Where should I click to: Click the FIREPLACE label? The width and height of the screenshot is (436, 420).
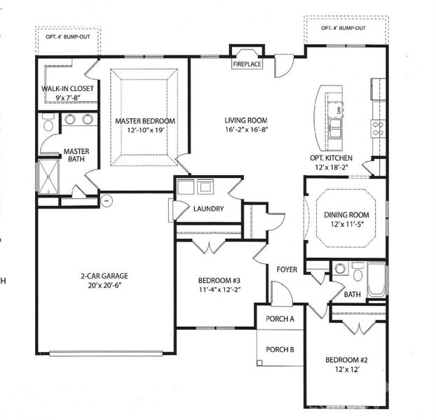click(x=247, y=64)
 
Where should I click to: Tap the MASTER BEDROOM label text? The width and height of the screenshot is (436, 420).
click(x=145, y=121)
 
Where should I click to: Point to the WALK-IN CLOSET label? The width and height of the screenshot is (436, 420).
click(x=64, y=90)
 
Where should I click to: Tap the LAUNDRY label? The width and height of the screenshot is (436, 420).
click(x=208, y=209)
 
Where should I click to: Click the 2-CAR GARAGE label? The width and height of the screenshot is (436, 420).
click(x=104, y=275)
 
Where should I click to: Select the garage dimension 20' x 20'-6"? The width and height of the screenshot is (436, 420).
click(x=104, y=286)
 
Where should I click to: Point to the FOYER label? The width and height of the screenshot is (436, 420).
click(x=287, y=268)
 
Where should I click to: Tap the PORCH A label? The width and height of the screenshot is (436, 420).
click(x=280, y=318)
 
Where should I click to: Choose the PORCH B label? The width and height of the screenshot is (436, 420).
click(x=280, y=350)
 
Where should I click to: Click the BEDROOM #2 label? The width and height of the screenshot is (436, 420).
click(x=344, y=360)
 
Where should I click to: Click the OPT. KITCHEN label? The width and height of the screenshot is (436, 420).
click(x=331, y=158)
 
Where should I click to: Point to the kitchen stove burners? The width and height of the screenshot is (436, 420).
click(x=377, y=127)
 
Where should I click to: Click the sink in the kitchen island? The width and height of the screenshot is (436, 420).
click(x=336, y=126)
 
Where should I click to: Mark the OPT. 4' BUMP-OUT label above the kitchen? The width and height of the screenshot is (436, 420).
click(x=343, y=28)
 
